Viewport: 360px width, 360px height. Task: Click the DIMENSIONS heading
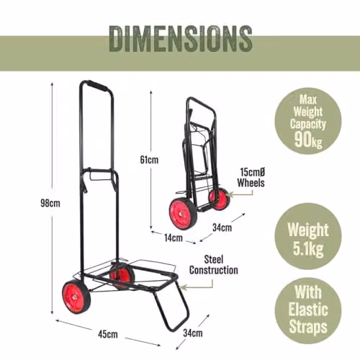pyautogui.click(x=181, y=39)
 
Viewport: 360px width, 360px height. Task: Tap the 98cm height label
pyautogui.click(x=50, y=203)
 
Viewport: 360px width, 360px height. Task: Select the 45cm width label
pyautogui.click(x=108, y=334)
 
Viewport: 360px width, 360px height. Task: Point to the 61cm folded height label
pyautogui.click(x=149, y=160)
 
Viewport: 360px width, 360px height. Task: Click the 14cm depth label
pyautogui.click(x=174, y=238)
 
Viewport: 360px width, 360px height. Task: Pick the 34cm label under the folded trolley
pyautogui.click(x=222, y=228)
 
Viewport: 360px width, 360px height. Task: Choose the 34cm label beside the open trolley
pyautogui.click(x=193, y=333)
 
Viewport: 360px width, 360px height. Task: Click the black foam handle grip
pyautogui.click(x=97, y=85)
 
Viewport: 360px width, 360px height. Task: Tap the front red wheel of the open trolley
pyautogui.click(x=76, y=297)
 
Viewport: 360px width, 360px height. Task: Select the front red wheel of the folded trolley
pyautogui.click(x=183, y=213)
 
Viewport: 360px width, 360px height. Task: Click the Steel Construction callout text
pyautogui.click(x=214, y=265)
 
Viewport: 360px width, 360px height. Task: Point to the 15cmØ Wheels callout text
pyautogui.click(x=251, y=177)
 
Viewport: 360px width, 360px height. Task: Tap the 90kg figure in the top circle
pyautogui.click(x=308, y=140)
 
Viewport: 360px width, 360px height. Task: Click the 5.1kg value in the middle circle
pyautogui.click(x=308, y=249)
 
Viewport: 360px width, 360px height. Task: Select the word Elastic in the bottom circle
pyautogui.click(x=308, y=310)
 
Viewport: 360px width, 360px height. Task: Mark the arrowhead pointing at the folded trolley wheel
pyautogui.click(x=230, y=194)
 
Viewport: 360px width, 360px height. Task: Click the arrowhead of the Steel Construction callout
pyautogui.click(x=183, y=287)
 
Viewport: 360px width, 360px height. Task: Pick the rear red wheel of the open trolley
pyautogui.click(x=122, y=276)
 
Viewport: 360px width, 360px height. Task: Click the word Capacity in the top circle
pyautogui.click(x=308, y=124)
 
